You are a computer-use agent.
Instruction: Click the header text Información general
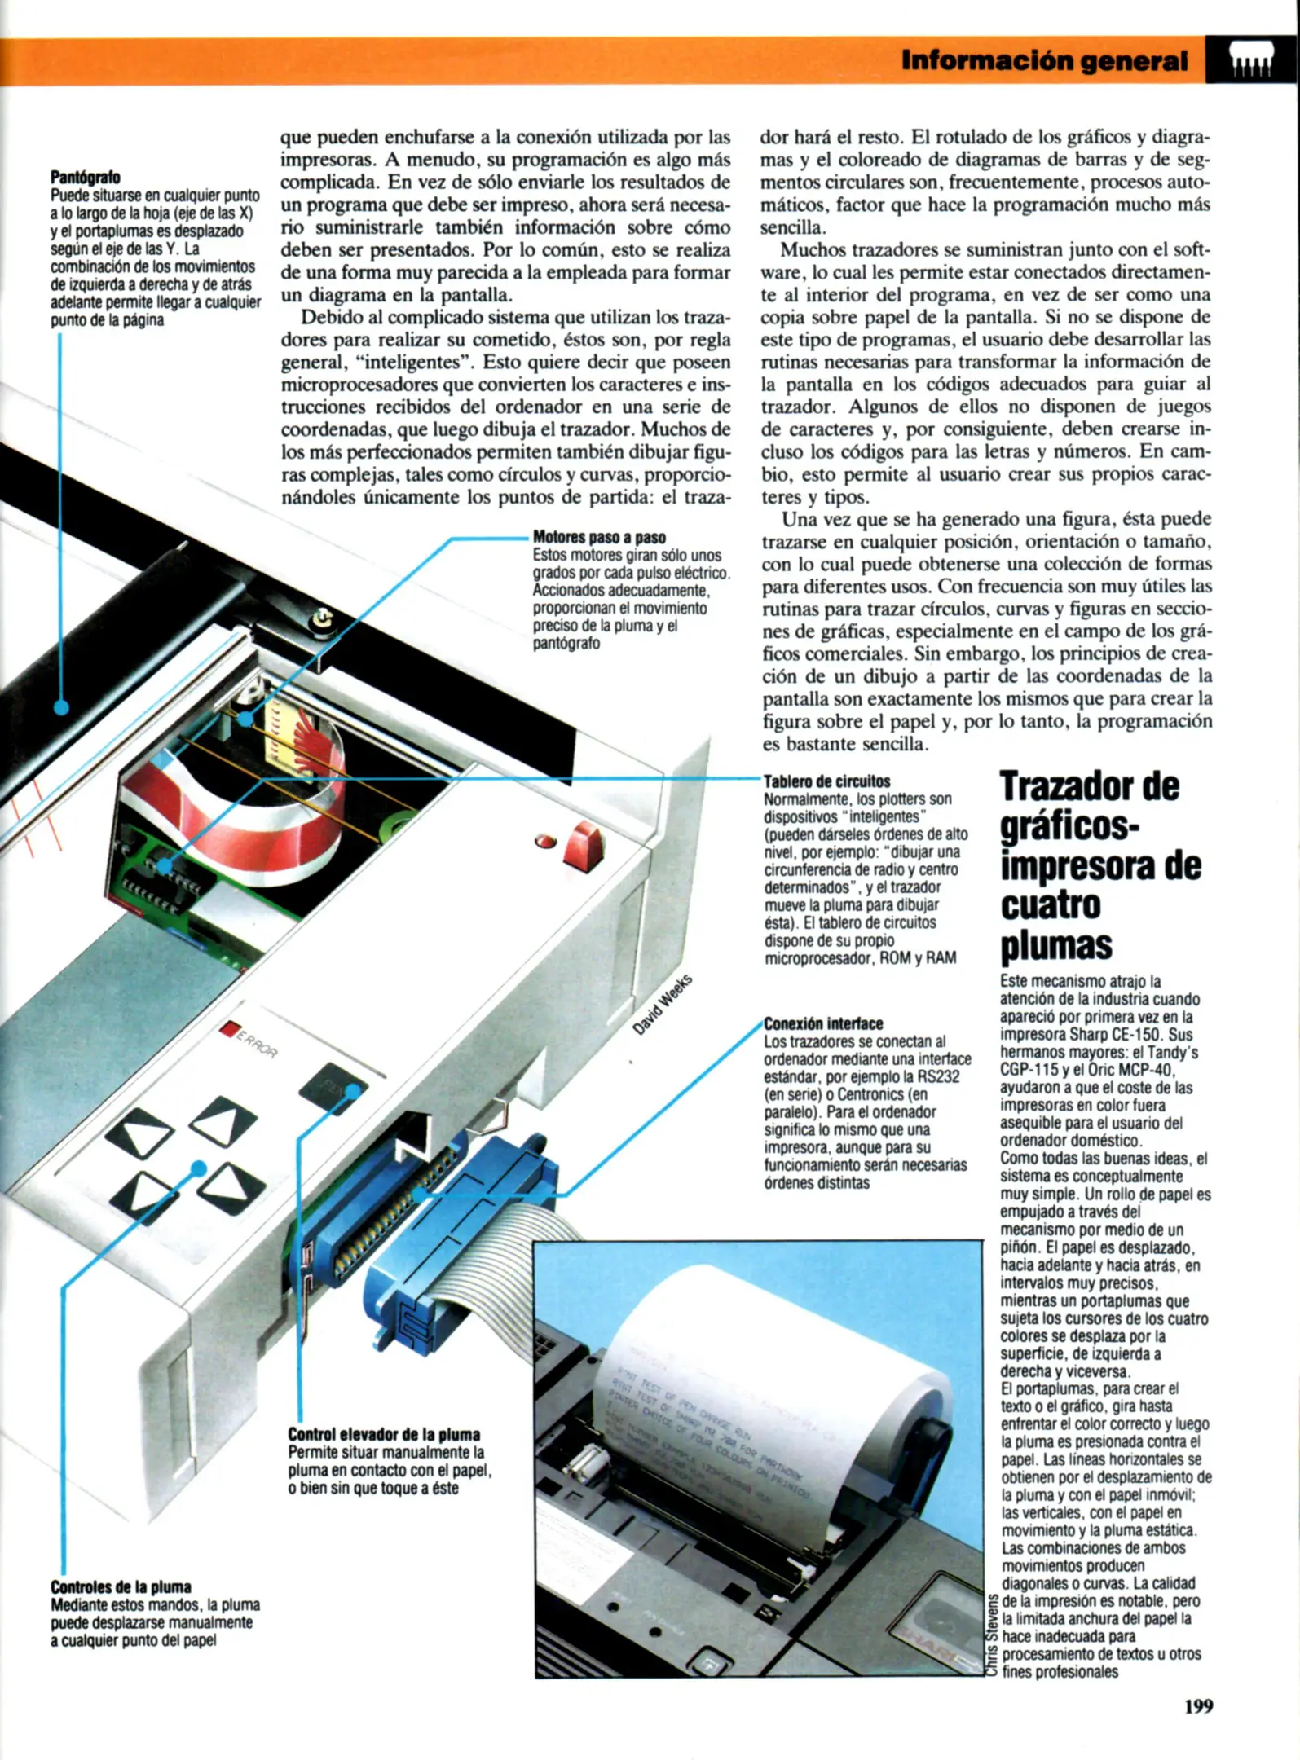pos(1044,61)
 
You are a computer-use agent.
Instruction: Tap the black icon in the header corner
pos(1251,61)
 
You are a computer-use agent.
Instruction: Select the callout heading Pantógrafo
pos(85,178)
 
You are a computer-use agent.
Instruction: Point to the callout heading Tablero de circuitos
pos(826,781)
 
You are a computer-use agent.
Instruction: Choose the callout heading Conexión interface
pos(823,1023)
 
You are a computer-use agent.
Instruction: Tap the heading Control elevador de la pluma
pos(384,1434)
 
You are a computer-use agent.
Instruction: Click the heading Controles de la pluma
pos(121,1586)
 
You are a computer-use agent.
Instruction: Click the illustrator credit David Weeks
pos(663,1005)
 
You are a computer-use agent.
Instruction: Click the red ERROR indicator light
pos(230,1029)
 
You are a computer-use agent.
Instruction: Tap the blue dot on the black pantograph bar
pos(61,707)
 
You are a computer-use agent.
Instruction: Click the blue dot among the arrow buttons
pos(198,1168)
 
